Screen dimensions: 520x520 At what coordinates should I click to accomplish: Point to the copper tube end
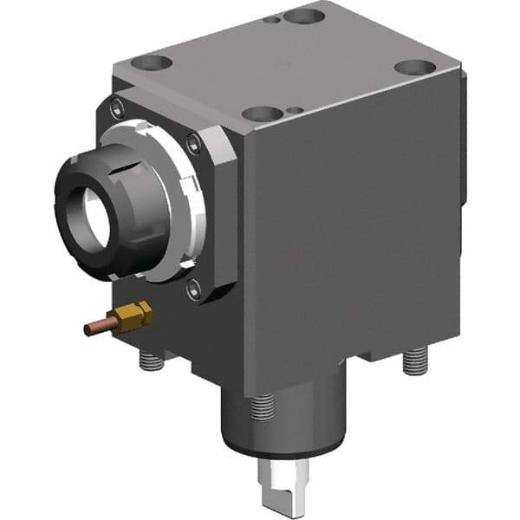[x=90, y=329]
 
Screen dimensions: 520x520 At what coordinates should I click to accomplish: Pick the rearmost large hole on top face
[x=304, y=16]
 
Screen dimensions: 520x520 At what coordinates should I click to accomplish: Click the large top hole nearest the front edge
[x=262, y=114]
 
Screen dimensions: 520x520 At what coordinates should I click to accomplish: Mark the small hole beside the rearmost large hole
[x=274, y=19]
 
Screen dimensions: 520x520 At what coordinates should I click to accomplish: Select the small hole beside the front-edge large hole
[x=296, y=110]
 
